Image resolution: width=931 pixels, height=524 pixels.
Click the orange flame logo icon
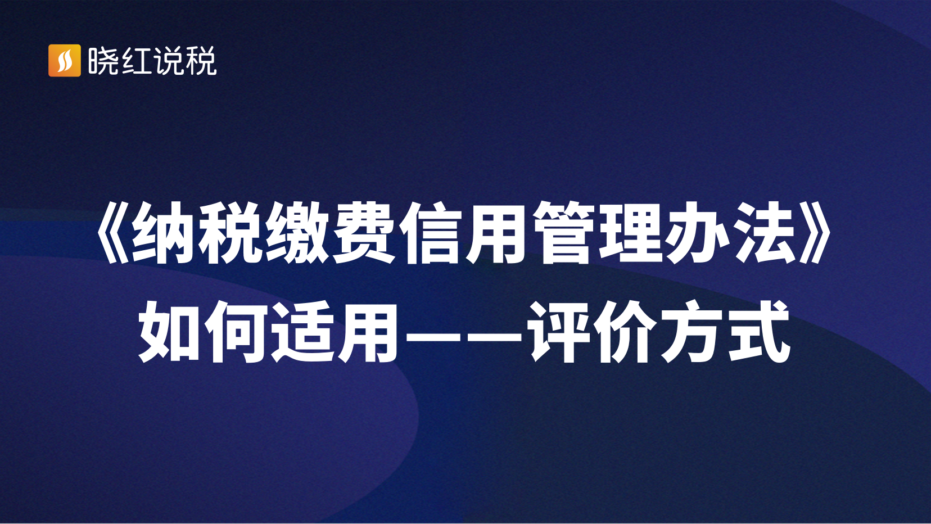click(x=65, y=61)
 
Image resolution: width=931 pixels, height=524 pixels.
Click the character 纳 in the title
click(x=162, y=233)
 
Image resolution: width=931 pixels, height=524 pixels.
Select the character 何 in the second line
click(x=237, y=332)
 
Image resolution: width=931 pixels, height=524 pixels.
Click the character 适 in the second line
click(x=304, y=332)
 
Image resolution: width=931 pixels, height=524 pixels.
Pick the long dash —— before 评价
click(x=463, y=332)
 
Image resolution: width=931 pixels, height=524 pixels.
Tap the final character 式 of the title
click(x=758, y=332)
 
